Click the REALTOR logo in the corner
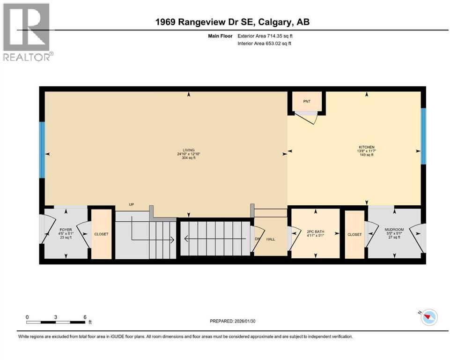[x=27, y=32]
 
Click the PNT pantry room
[x=307, y=101]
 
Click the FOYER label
[x=65, y=231]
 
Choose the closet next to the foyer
[x=102, y=233]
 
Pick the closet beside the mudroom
[x=354, y=234]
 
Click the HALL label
[x=271, y=239]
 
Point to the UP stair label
[x=132, y=204]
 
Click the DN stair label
[x=257, y=239]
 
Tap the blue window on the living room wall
[x=42, y=150]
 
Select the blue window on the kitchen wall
[x=423, y=136]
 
